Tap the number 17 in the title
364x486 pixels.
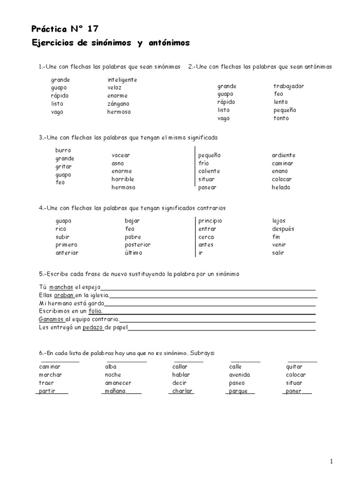tap(92, 28)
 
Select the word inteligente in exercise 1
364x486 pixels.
tap(122, 80)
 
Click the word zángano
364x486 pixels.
tap(118, 103)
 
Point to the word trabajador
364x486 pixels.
tap(288, 86)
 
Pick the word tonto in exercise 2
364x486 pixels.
tap(281, 118)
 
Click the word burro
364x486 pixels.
tap(63, 150)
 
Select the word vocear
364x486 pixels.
tap(120, 155)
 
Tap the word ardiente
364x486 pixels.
tap(283, 155)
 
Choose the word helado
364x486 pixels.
tap(281, 187)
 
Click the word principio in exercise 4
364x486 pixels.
tap(210, 221)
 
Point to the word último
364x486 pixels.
tap(133, 252)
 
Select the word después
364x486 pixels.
tap(283, 229)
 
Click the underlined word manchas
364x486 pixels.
tap(61, 287)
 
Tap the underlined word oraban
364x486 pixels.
tap(64, 295)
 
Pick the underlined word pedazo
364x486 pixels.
tap(93, 327)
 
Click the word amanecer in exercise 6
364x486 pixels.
tap(118, 383)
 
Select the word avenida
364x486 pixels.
tap(239, 374)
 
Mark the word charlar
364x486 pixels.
tap(182, 391)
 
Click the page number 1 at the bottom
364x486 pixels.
tap(332, 461)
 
